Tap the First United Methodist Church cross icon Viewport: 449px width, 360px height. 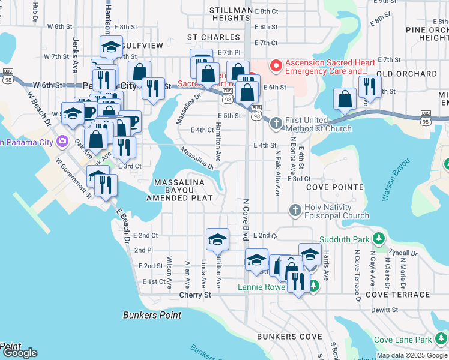(276, 124)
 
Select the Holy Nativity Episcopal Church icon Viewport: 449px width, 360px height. (294, 211)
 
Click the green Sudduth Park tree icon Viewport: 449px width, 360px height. (378, 239)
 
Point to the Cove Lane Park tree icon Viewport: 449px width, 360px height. (441, 340)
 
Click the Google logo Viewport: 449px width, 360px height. (19, 353)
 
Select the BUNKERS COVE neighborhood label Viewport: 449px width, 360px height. (289, 337)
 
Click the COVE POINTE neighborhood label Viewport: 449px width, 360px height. (334, 187)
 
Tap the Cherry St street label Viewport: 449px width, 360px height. (195, 295)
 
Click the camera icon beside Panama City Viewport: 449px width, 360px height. (62, 142)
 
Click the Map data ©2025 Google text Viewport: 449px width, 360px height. (412, 355)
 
